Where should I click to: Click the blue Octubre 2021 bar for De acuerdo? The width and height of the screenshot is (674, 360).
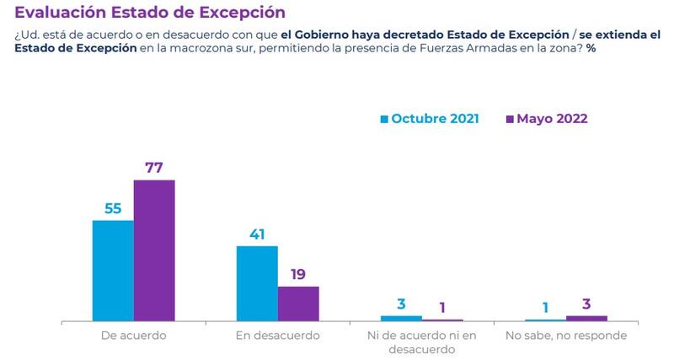pyautogui.click(x=113, y=270)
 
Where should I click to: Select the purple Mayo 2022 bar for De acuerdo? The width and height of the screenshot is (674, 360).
pyautogui.click(x=154, y=250)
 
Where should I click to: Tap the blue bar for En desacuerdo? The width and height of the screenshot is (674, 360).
pyautogui.click(x=257, y=283)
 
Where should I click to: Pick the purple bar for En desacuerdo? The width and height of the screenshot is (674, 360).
pyautogui.click(x=298, y=304)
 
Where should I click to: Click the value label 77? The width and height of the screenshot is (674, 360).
pyautogui.click(x=154, y=167)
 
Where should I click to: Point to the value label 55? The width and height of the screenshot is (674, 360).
pyautogui.click(x=113, y=207)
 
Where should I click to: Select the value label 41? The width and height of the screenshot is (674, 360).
pyautogui.click(x=257, y=234)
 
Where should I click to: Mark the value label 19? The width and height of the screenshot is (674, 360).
pyautogui.click(x=298, y=274)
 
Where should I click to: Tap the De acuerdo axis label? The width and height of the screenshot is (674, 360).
pyautogui.click(x=133, y=335)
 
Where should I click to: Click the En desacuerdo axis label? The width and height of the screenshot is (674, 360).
pyautogui.click(x=277, y=335)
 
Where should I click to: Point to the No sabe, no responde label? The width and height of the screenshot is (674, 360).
pyautogui.click(x=565, y=335)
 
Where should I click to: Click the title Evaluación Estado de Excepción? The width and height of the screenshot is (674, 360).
pyautogui.click(x=150, y=13)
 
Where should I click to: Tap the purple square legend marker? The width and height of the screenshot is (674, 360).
pyautogui.click(x=510, y=120)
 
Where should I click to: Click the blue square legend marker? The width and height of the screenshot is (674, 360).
pyautogui.click(x=385, y=120)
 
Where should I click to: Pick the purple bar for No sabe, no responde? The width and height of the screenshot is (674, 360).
pyautogui.click(x=586, y=318)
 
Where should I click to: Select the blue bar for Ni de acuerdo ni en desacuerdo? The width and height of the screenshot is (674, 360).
pyautogui.click(x=401, y=318)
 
